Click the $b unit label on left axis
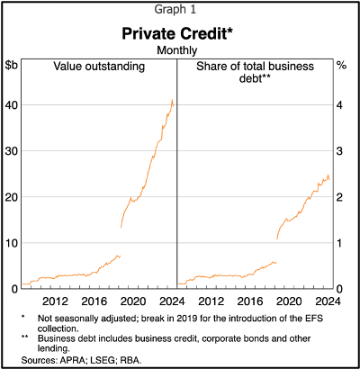coord(12,65)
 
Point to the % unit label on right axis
coord(341,65)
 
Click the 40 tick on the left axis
coord(12,104)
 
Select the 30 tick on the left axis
coord(12,150)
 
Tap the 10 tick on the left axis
coord(12,242)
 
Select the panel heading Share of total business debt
coord(253,72)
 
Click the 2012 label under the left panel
coord(56,301)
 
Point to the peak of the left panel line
coord(172,100)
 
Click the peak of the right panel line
coord(328,175)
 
